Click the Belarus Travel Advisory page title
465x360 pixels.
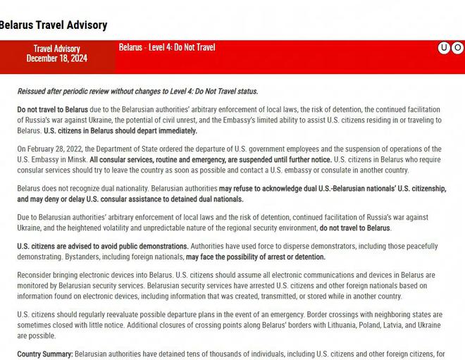pyautogui.click(x=53, y=25)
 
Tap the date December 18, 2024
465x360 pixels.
pyautogui.click(x=57, y=58)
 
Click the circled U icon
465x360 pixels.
pyautogui.click(x=444, y=48)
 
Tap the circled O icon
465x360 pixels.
pyautogui.click(x=457, y=48)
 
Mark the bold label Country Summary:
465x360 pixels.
pyautogui.click(x=45, y=353)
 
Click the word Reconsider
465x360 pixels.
pyautogui.click(x=39, y=275)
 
